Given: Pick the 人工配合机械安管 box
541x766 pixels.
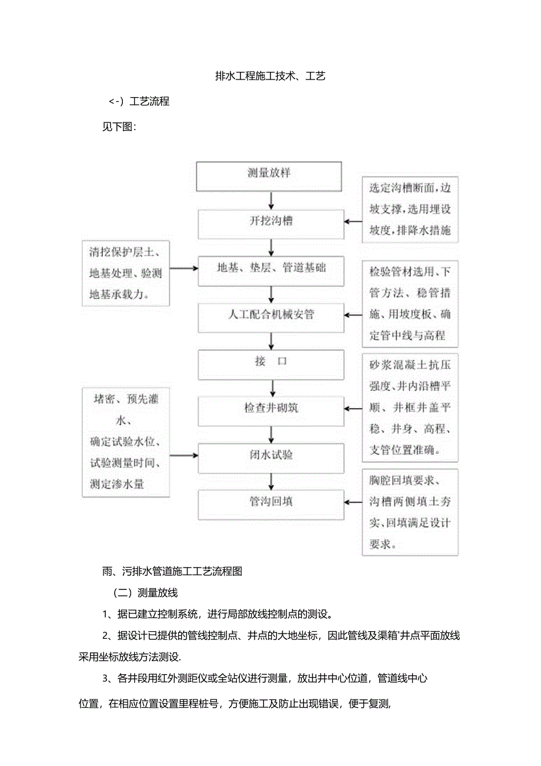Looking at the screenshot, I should (270, 316).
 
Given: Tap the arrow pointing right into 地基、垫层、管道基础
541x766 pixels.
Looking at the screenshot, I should (183, 268).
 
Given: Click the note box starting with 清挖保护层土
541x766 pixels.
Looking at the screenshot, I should (126, 273).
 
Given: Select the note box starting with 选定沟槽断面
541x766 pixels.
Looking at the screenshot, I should (410, 210).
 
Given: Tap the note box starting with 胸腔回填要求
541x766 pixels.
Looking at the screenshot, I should (410, 512).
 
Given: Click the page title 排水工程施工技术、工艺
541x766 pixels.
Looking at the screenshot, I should (270, 76).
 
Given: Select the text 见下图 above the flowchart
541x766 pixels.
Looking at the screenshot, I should (119, 127).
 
